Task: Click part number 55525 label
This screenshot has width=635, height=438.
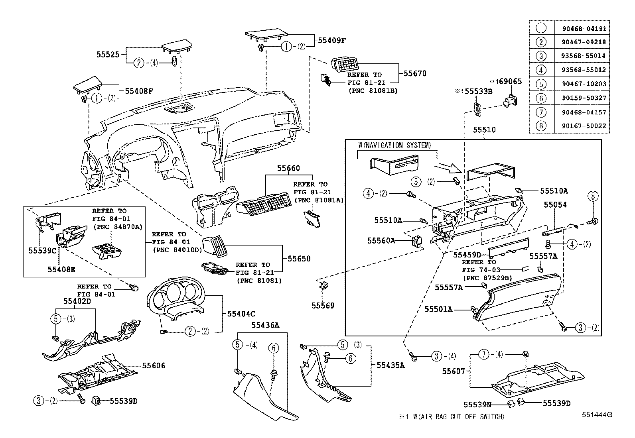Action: (x=108, y=54)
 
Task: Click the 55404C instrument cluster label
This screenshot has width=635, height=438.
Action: (x=241, y=314)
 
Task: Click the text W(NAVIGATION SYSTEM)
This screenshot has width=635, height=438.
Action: (x=394, y=145)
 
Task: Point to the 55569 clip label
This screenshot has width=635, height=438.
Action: (x=323, y=306)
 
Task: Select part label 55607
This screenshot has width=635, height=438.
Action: (x=453, y=371)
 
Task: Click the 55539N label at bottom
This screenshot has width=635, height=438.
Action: (x=477, y=405)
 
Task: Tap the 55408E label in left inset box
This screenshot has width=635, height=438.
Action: (x=61, y=269)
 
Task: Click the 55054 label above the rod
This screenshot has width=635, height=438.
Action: (x=555, y=205)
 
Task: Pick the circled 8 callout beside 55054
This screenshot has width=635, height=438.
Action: (x=593, y=196)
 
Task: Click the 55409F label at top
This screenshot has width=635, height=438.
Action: (x=331, y=40)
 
